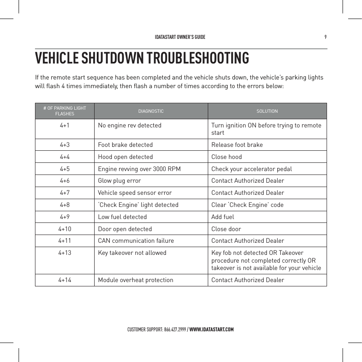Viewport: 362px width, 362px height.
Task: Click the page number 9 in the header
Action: pyautogui.click(x=325, y=37)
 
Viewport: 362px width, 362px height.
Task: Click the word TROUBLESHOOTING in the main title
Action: pyautogui.click(x=197, y=58)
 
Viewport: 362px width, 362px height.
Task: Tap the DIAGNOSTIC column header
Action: pyautogui.click(x=151, y=111)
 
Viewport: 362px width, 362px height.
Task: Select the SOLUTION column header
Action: pyautogui.click(x=267, y=111)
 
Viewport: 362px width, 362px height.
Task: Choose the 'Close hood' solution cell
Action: pyautogui.click(x=226, y=157)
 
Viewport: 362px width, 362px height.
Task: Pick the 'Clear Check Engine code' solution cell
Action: pyautogui.click(x=248, y=205)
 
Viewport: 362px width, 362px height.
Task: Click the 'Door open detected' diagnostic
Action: pyautogui.click(x=125, y=229)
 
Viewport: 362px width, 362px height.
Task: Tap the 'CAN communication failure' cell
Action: pyautogui.click(x=136, y=241)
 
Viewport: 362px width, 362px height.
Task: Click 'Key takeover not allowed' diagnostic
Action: pyautogui.click(x=132, y=253)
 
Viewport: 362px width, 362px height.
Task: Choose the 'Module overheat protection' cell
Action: pyautogui.click(x=136, y=280)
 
